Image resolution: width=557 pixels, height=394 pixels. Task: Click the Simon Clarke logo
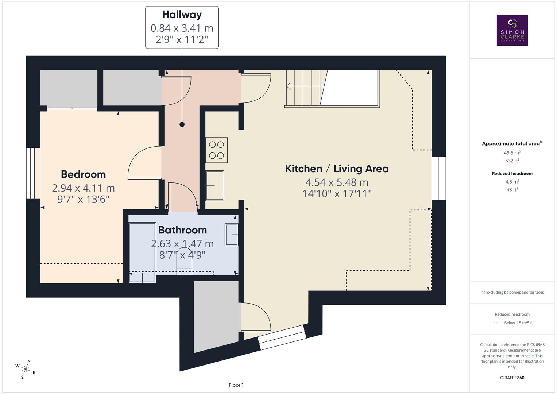(x=512, y=30)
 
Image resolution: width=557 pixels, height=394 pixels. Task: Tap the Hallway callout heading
(x=182, y=15)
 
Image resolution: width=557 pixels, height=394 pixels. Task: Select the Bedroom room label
(x=83, y=174)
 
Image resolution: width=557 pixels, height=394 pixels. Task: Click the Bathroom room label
(x=182, y=230)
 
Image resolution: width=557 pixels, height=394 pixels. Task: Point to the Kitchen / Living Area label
(x=337, y=169)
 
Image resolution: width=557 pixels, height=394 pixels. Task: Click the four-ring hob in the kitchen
(x=216, y=150)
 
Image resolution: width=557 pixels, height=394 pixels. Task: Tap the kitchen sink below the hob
(x=215, y=185)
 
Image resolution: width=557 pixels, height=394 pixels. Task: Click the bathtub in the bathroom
(x=142, y=252)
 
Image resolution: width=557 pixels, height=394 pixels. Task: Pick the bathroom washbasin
(x=232, y=235)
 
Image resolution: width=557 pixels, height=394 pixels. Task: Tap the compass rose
(x=25, y=369)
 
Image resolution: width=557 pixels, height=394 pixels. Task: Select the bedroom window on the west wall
(x=33, y=173)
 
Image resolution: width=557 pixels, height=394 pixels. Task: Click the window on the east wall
(x=439, y=178)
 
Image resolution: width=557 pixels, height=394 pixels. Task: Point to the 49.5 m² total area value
(x=512, y=153)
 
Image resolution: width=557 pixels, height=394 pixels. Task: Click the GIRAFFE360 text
(x=512, y=378)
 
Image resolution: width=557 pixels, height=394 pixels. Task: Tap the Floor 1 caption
(x=236, y=385)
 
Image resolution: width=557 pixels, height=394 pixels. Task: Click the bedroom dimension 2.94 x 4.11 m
(x=83, y=188)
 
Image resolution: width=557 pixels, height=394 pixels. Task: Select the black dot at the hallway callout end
(x=182, y=124)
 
